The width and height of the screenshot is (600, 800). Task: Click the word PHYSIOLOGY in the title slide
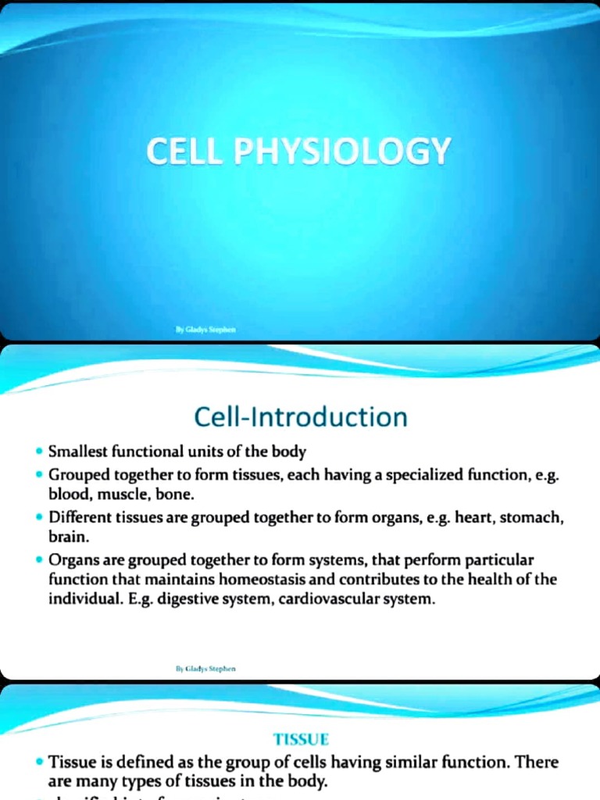(342, 152)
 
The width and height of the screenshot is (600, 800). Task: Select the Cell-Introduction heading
(300, 416)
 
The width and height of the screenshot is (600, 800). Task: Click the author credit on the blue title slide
(205, 330)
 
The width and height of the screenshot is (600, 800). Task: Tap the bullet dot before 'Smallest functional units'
(39, 452)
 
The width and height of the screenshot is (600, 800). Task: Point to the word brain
(66, 537)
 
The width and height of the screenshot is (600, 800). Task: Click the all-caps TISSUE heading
(301, 738)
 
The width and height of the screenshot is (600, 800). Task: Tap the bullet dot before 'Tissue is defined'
(39, 762)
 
